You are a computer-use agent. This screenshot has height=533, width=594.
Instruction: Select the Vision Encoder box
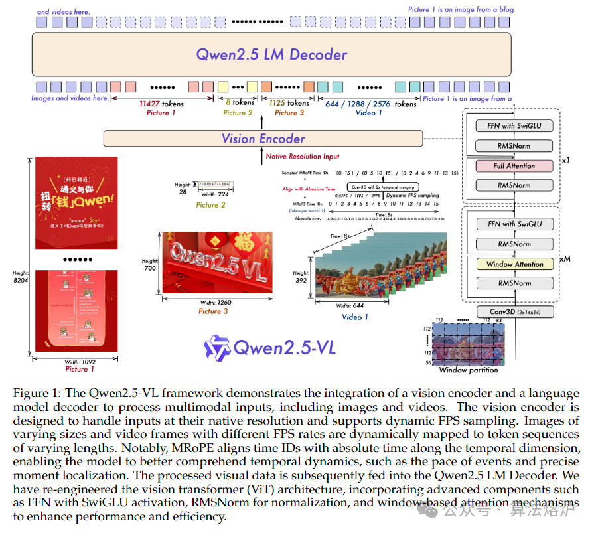tap(263, 139)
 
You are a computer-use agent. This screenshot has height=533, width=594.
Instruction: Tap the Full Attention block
tap(514, 165)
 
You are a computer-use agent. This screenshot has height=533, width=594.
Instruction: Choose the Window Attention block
tap(514, 264)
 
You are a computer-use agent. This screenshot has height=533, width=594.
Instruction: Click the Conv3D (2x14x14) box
tap(514, 311)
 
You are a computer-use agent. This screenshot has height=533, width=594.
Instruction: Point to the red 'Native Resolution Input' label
tap(302, 157)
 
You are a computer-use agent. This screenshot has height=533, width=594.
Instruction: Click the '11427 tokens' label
tap(161, 104)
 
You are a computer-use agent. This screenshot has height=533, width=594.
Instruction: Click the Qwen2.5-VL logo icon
tap(216, 348)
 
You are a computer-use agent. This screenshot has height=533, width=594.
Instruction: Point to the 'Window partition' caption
tap(468, 370)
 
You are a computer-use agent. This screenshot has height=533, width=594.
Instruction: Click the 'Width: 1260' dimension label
tap(216, 303)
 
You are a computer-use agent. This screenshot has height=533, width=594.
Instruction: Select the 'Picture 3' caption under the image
tap(214, 311)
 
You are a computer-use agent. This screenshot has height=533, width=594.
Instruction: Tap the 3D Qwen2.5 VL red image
tap(217, 262)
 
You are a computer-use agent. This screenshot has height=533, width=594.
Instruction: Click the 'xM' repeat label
tap(565, 259)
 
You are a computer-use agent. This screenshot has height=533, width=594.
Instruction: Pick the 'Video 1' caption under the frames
tap(356, 317)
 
